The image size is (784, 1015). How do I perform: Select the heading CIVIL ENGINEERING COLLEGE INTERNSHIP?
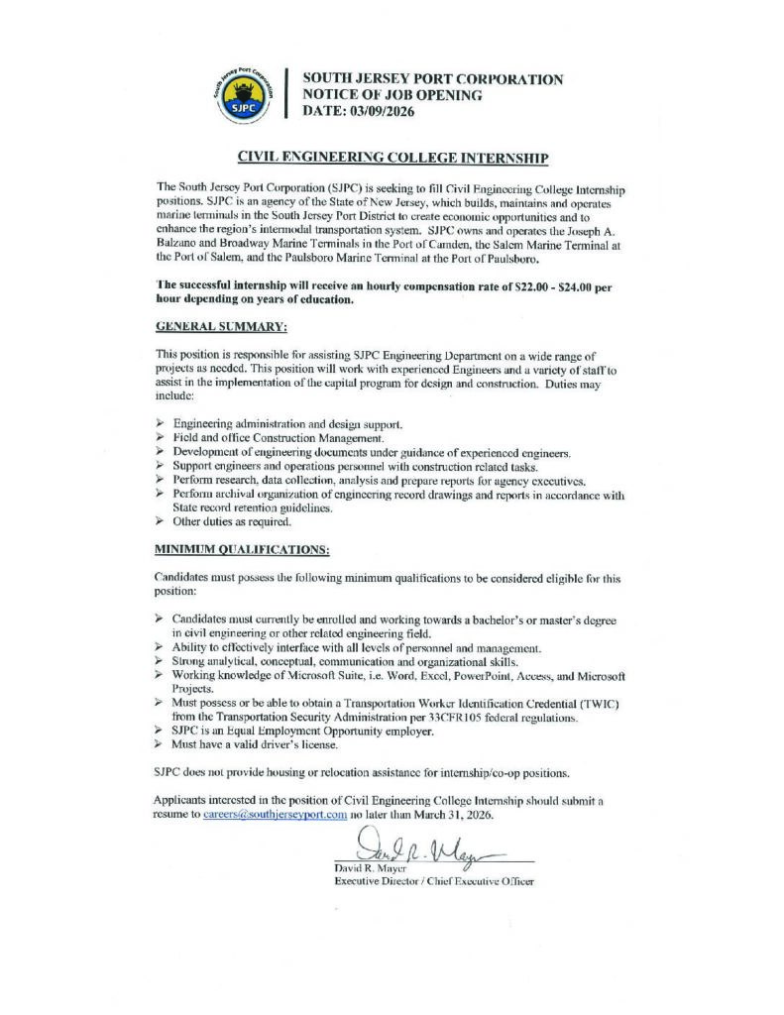(x=392, y=158)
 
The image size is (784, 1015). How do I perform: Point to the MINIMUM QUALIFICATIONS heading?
(x=243, y=548)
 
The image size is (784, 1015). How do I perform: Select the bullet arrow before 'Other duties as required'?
(x=160, y=521)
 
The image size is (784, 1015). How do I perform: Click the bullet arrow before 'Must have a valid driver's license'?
(x=160, y=743)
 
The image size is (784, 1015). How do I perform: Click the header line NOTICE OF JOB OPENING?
(x=392, y=95)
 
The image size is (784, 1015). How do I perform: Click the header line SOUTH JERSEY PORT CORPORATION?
(x=432, y=79)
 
